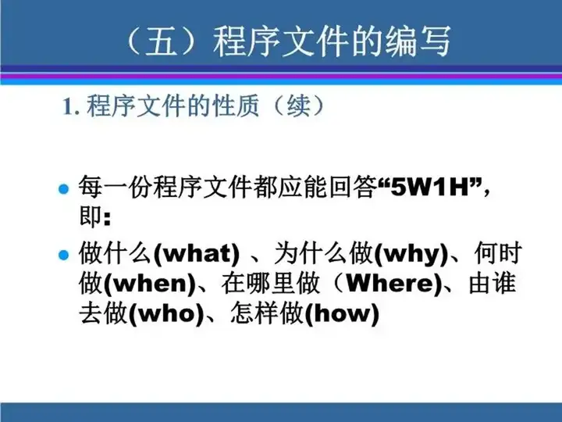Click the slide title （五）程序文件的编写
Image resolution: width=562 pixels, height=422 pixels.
point(289,41)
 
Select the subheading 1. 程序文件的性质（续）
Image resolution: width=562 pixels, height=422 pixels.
point(194,105)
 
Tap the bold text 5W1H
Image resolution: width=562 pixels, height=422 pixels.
point(430,187)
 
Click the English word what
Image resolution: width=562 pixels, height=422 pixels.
point(197,254)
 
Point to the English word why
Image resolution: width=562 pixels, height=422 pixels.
point(411,255)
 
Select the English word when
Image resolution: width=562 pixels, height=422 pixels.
point(149,284)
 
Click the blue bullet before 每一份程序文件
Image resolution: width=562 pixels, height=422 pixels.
point(63,188)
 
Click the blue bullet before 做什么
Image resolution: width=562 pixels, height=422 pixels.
point(63,255)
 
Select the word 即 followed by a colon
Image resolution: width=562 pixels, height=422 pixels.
point(94,216)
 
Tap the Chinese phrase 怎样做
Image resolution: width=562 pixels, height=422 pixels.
point(267,313)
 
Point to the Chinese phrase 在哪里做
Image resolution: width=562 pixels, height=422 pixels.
point(270,283)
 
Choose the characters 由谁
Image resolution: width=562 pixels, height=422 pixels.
point(493,283)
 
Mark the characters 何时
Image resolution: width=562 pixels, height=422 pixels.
point(498,253)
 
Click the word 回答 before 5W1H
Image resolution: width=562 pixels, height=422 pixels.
point(353,187)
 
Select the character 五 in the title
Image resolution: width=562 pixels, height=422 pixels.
point(162,41)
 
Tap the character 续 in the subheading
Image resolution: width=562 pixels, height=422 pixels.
point(298,105)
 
